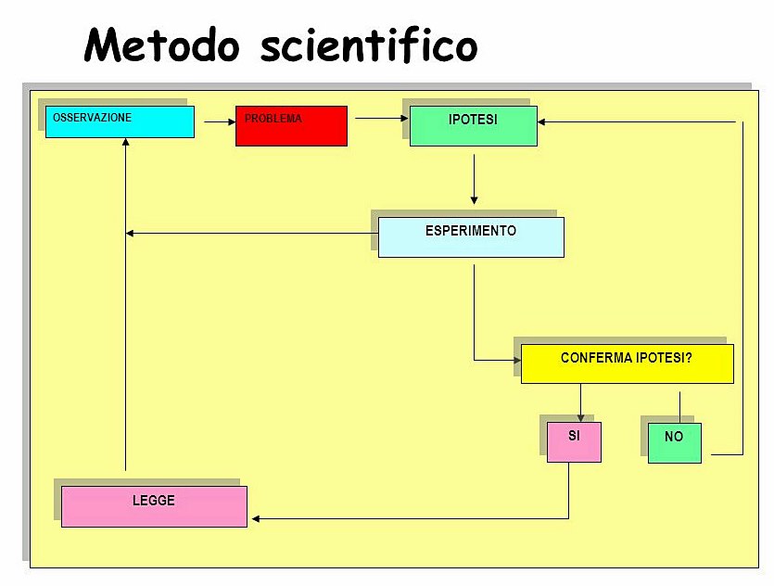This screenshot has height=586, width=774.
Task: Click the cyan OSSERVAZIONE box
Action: click(x=120, y=121)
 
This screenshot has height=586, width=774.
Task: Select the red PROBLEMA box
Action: click(x=291, y=126)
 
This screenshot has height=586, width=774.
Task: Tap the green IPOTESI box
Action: click(x=473, y=126)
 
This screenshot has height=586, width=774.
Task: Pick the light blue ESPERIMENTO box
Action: click(x=471, y=237)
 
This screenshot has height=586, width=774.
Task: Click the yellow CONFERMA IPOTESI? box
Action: click(x=627, y=363)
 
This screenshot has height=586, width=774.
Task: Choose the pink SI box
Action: click(x=574, y=442)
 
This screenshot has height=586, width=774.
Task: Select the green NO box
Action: click(x=674, y=443)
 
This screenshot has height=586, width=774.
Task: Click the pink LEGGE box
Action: click(x=154, y=506)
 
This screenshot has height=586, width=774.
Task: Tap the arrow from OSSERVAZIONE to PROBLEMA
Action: click(x=220, y=121)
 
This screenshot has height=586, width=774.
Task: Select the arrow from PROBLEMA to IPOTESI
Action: click(x=381, y=118)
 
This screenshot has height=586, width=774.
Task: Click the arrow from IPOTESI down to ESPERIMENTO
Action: click(x=474, y=178)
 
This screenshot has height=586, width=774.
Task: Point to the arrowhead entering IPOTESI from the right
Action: click(x=542, y=121)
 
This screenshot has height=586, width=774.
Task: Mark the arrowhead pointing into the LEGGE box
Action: click(x=256, y=518)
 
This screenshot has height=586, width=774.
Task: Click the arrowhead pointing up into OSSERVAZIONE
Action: click(x=126, y=143)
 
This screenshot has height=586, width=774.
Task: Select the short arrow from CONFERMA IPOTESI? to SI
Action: click(x=581, y=403)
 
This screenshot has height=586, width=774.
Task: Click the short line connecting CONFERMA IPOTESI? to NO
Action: click(x=680, y=406)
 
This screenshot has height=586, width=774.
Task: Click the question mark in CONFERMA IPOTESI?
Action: click(x=688, y=357)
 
